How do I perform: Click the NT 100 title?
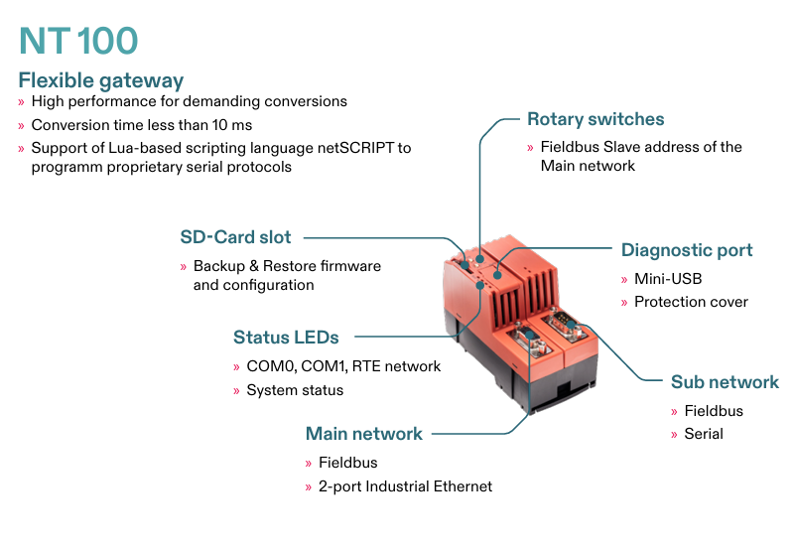(x=78, y=41)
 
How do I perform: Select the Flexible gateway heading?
(x=101, y=80)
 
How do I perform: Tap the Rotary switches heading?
(x=595, y=119)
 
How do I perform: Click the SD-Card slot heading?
(x=236, y=237)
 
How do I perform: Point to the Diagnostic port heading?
(x=687, y=250)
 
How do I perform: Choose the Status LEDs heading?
(x=286, y=338)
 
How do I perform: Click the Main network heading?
(x=364, y=434)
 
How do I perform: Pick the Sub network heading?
(x=725, y=382)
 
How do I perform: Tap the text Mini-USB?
(x=668, y=279)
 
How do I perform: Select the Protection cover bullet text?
(x=691, y=302)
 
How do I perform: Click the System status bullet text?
(x=295, y=390)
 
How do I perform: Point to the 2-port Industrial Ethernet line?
(x=405, y=486)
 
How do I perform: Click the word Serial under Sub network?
(x=704, y=434)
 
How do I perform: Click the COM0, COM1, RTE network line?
(x=343, y=366)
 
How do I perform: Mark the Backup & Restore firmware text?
(x=287, y=266)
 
